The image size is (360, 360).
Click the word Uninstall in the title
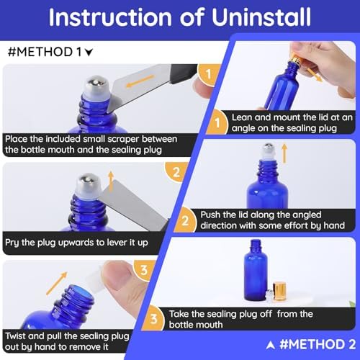point(261,17)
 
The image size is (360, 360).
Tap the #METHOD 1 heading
point(45,52)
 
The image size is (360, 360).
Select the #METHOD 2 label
point(318,344)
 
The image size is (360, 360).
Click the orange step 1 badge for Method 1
point(208,74)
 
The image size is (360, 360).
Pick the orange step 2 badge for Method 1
point(176,172)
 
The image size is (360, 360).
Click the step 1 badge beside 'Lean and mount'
point(217,122)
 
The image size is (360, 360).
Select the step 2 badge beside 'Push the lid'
point(185,221)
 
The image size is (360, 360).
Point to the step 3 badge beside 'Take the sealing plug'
point(153,319)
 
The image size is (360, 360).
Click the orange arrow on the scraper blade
point(140,81)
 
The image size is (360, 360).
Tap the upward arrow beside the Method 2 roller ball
point(284,153)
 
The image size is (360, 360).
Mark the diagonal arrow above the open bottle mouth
point(57,284)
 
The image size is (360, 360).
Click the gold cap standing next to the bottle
point(280,292)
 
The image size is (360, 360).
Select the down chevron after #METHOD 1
point(89,53)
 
